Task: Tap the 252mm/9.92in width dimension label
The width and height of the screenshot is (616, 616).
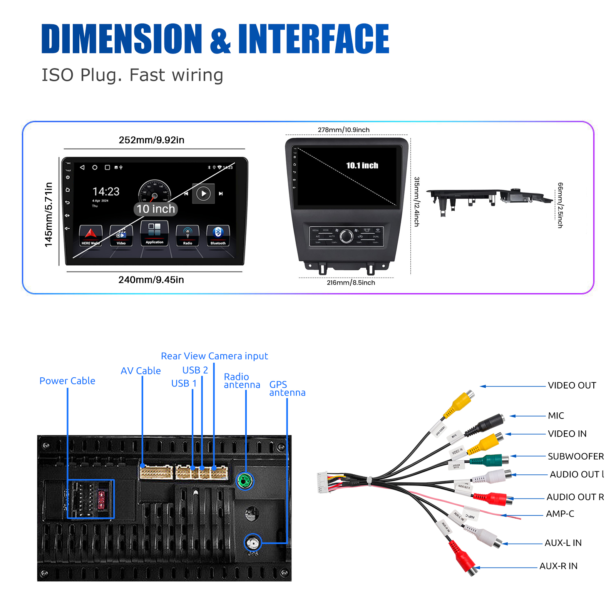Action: [151, 140]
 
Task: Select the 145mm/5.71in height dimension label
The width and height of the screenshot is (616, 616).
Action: [49, 214]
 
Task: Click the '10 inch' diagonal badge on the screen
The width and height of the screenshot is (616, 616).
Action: [156, 209]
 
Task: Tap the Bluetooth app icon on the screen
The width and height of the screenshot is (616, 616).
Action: [218, 235]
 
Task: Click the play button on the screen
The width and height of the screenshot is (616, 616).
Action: [203, 194]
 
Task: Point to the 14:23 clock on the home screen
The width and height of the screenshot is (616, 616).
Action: [106, 192]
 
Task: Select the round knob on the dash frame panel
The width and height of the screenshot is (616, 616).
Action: [346, 236]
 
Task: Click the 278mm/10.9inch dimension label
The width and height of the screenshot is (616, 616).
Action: [343, 130]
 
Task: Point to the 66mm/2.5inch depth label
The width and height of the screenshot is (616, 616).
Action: [560, 205]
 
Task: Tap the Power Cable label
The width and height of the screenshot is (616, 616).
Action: [67, 381]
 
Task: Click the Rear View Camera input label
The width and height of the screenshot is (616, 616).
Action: [214, 356]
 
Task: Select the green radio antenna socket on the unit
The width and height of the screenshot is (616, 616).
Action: [245, 481]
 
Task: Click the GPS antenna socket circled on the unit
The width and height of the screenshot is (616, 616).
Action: [253, 543]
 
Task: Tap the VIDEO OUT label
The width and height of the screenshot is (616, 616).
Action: [572, 385]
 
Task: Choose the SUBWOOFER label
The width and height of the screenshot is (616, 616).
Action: [576, 456]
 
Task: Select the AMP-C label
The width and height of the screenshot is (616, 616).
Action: [560, 514]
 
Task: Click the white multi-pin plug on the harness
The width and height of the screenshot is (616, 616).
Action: [322, 482]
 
